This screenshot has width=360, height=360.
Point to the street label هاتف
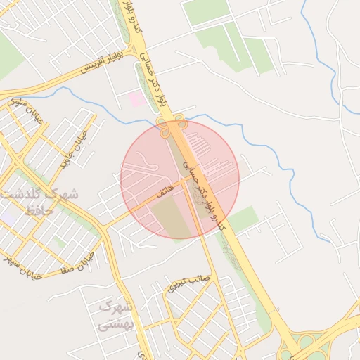(163, 190)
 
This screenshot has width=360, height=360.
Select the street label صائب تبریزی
(188, 282)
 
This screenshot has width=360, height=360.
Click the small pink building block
(137, 99)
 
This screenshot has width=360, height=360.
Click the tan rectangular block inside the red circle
(172, 217)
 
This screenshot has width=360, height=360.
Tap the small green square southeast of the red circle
(243, 219)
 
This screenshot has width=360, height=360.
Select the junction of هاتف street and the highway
(186, 179)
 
